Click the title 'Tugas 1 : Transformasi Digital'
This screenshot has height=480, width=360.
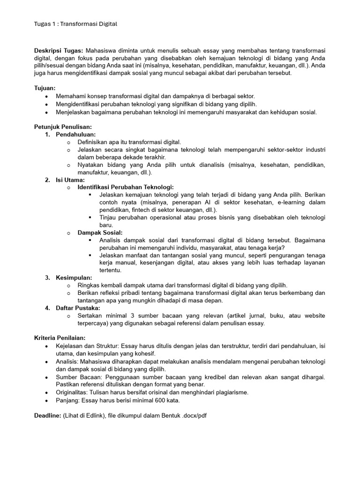[75, 24]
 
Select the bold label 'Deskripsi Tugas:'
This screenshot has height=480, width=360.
[59, 51]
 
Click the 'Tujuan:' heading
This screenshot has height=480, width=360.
[45, 88]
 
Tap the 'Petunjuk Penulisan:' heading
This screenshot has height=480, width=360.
[63, 127]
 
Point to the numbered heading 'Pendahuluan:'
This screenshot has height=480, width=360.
[75, 135]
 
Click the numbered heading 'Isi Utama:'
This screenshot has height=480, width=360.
[70, 180]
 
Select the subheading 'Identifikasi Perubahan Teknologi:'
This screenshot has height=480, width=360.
[126, 187]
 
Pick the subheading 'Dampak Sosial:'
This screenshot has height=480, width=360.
[100, 232]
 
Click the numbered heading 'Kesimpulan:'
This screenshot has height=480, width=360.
[74, 277]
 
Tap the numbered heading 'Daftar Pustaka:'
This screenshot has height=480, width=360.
[78, 308]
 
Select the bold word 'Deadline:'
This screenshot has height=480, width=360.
[48, 416]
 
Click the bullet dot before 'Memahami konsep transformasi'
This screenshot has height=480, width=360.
[46, 96]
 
